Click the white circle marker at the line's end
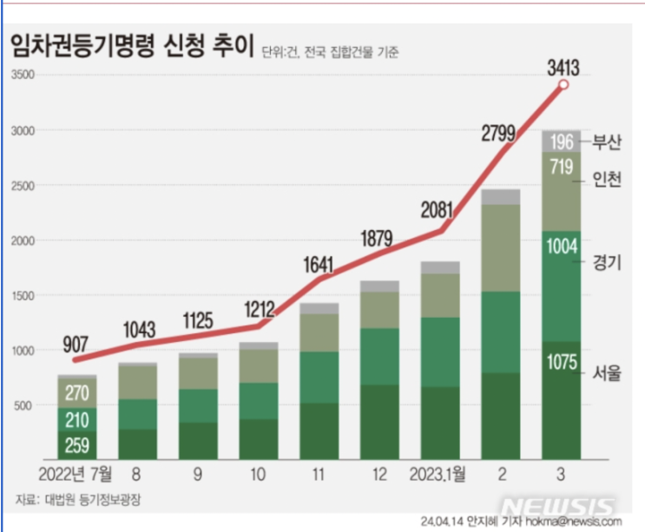563,84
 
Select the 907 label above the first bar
79,342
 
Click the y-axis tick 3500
22,76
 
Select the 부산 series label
607,141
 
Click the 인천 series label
607,180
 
